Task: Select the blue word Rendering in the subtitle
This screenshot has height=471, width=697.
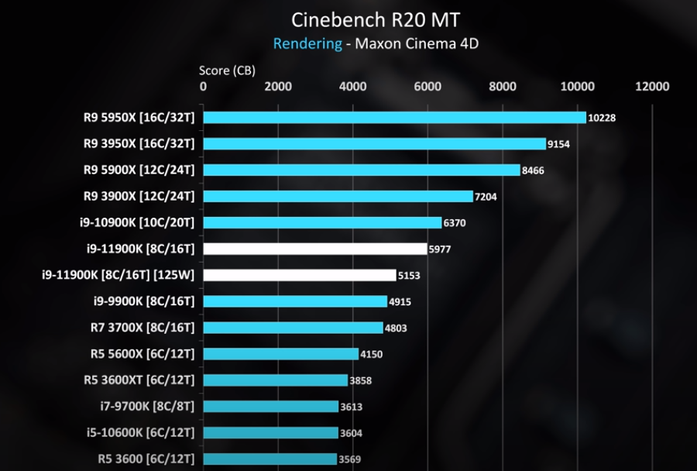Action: click(x=307, y=43)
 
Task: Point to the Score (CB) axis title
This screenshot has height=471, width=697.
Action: click(x=227, y=70)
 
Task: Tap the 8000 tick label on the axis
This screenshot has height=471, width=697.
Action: click(x=503, y=87)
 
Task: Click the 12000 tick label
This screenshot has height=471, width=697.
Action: click(x=652, y=87)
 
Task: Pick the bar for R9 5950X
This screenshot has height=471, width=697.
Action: click(x=394, y=118)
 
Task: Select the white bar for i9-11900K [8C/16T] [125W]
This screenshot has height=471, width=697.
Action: click(x=299, y=275)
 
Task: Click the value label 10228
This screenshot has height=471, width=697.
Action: click(x=602, y=118)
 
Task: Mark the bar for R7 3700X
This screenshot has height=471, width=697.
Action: click(x=293, y=328)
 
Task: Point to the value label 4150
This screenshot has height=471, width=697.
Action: click(x=371, y=355)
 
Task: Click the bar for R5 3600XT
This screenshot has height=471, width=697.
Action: click(x=275, y=380)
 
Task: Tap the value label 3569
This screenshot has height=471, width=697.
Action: click(x=350, y=459)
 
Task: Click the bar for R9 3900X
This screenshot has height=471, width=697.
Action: click(x=338, y=197)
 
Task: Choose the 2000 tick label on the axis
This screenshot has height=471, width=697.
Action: click(x=278, y=87)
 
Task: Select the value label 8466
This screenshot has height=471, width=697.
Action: click(x=533, y=170)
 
